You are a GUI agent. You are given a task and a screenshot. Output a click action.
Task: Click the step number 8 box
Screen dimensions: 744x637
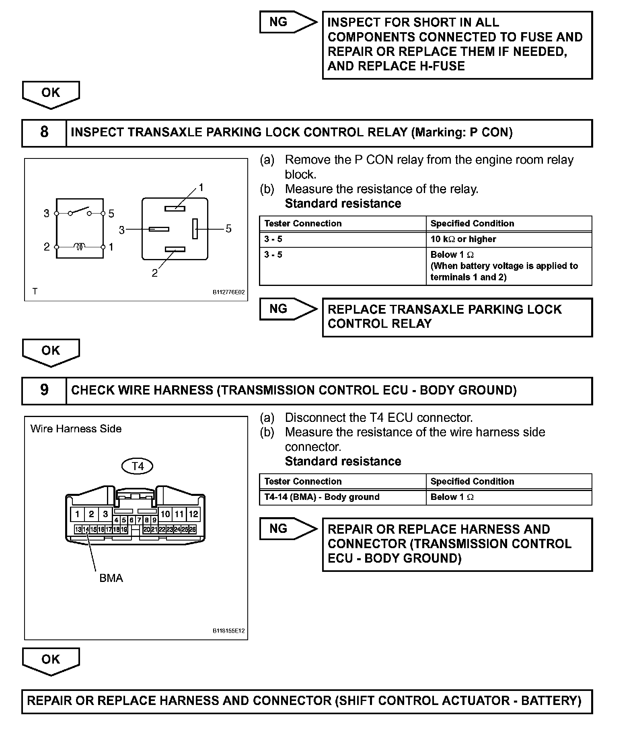coord(44,133)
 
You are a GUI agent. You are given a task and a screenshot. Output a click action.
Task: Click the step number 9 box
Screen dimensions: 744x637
coord(44,390)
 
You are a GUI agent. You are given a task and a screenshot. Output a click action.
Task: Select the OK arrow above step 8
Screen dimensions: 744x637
coord(51,94)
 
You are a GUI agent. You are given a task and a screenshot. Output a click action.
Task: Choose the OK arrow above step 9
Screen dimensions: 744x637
coord(51,351)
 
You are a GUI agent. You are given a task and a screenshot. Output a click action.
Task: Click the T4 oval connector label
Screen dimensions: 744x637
coord(138,466)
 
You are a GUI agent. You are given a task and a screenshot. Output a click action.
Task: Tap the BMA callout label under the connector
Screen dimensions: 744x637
coord(111,578)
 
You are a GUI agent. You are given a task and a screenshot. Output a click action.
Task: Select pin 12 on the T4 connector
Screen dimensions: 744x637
coord(193,514)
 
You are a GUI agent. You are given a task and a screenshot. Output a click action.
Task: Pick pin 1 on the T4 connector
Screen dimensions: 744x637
coord(77,514)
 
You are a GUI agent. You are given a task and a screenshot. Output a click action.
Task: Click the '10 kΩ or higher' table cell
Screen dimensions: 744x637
coord(463,239)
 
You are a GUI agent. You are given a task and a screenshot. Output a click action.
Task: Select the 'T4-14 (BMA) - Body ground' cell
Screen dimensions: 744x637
coord(322,497)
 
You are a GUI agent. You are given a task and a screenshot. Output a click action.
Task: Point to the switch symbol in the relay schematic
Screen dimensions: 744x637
coord(80,211)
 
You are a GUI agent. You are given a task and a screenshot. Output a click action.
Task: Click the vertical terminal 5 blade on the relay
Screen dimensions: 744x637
coord(195,229)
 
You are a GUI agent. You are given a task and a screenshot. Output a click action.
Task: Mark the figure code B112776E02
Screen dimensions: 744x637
coord(228,292)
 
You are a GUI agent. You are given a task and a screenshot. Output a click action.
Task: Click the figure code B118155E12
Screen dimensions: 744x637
coord(228,631)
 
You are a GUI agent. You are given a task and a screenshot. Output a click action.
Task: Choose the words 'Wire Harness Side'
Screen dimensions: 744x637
coord(76,429)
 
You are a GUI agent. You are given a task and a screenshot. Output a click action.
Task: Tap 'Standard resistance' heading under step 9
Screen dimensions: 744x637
coord(343,461)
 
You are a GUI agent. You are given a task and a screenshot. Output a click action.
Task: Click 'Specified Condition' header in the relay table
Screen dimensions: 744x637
coord(472,224)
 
